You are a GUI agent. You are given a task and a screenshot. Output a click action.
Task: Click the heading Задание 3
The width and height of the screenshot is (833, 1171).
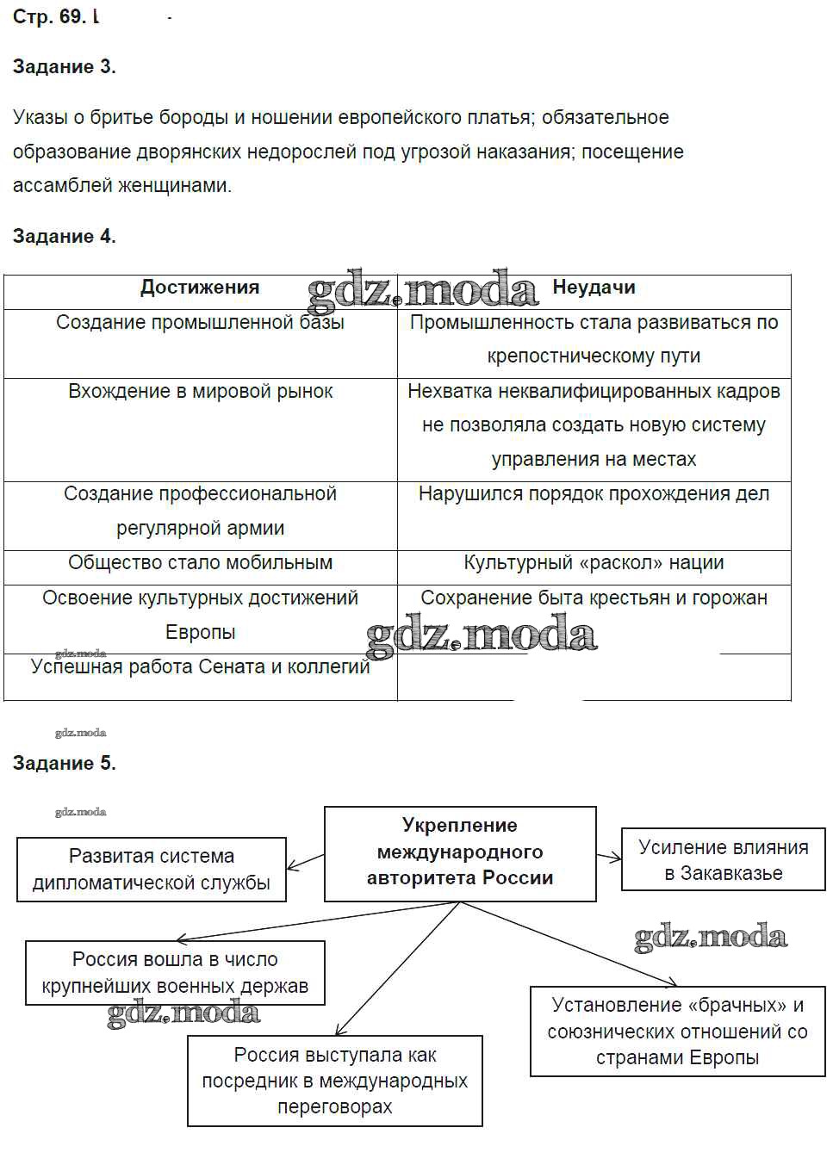tap(65, 67)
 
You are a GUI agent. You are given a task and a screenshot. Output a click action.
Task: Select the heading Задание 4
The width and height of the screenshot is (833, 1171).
tap(65, 237)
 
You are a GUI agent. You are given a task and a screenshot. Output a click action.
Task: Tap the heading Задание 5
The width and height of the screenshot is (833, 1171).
tap(65, 764)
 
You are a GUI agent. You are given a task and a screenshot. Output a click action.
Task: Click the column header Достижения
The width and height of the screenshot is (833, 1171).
tap(200, 288)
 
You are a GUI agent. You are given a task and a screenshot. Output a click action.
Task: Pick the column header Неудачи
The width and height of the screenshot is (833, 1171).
tap(594, 288)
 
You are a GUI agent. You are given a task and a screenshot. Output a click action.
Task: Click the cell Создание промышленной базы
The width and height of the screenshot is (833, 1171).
tap(200, 323)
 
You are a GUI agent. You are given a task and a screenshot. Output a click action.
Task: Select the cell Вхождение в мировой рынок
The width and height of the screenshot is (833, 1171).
tap(200, 392)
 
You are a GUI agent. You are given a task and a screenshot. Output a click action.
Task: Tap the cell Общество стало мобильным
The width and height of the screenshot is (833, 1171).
tap(200, 563)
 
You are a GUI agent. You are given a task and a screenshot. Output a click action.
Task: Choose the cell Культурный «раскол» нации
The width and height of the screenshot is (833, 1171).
tap(594, 563)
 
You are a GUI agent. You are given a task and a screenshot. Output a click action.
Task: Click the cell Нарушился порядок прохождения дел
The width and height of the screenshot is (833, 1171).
tap(594, 494)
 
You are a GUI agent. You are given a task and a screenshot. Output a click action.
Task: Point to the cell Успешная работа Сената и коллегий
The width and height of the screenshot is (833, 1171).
tap(200, 667)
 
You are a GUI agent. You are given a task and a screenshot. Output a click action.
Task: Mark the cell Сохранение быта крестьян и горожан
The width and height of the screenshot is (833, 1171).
tap(594, 598)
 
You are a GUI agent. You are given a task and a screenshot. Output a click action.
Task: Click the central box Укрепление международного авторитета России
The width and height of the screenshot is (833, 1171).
tap(460, 852)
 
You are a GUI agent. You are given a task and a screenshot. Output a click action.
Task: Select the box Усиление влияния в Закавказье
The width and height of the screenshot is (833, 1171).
tap(723, 860)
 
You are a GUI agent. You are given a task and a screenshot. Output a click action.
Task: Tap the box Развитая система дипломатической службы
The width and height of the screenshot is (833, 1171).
tap(152, 870)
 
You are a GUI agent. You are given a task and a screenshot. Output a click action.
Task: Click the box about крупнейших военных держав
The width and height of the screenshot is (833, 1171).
tap(175, 973)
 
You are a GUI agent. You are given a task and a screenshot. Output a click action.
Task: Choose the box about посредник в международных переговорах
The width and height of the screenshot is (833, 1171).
tap(334, 1081)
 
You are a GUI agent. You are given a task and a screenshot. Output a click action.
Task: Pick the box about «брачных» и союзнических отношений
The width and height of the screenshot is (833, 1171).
tap(677, 1032)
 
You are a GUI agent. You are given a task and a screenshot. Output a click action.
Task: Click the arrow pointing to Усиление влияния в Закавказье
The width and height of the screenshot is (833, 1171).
tap(609, 857)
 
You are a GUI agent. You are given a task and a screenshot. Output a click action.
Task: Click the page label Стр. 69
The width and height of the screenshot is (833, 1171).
tap(49, 17)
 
